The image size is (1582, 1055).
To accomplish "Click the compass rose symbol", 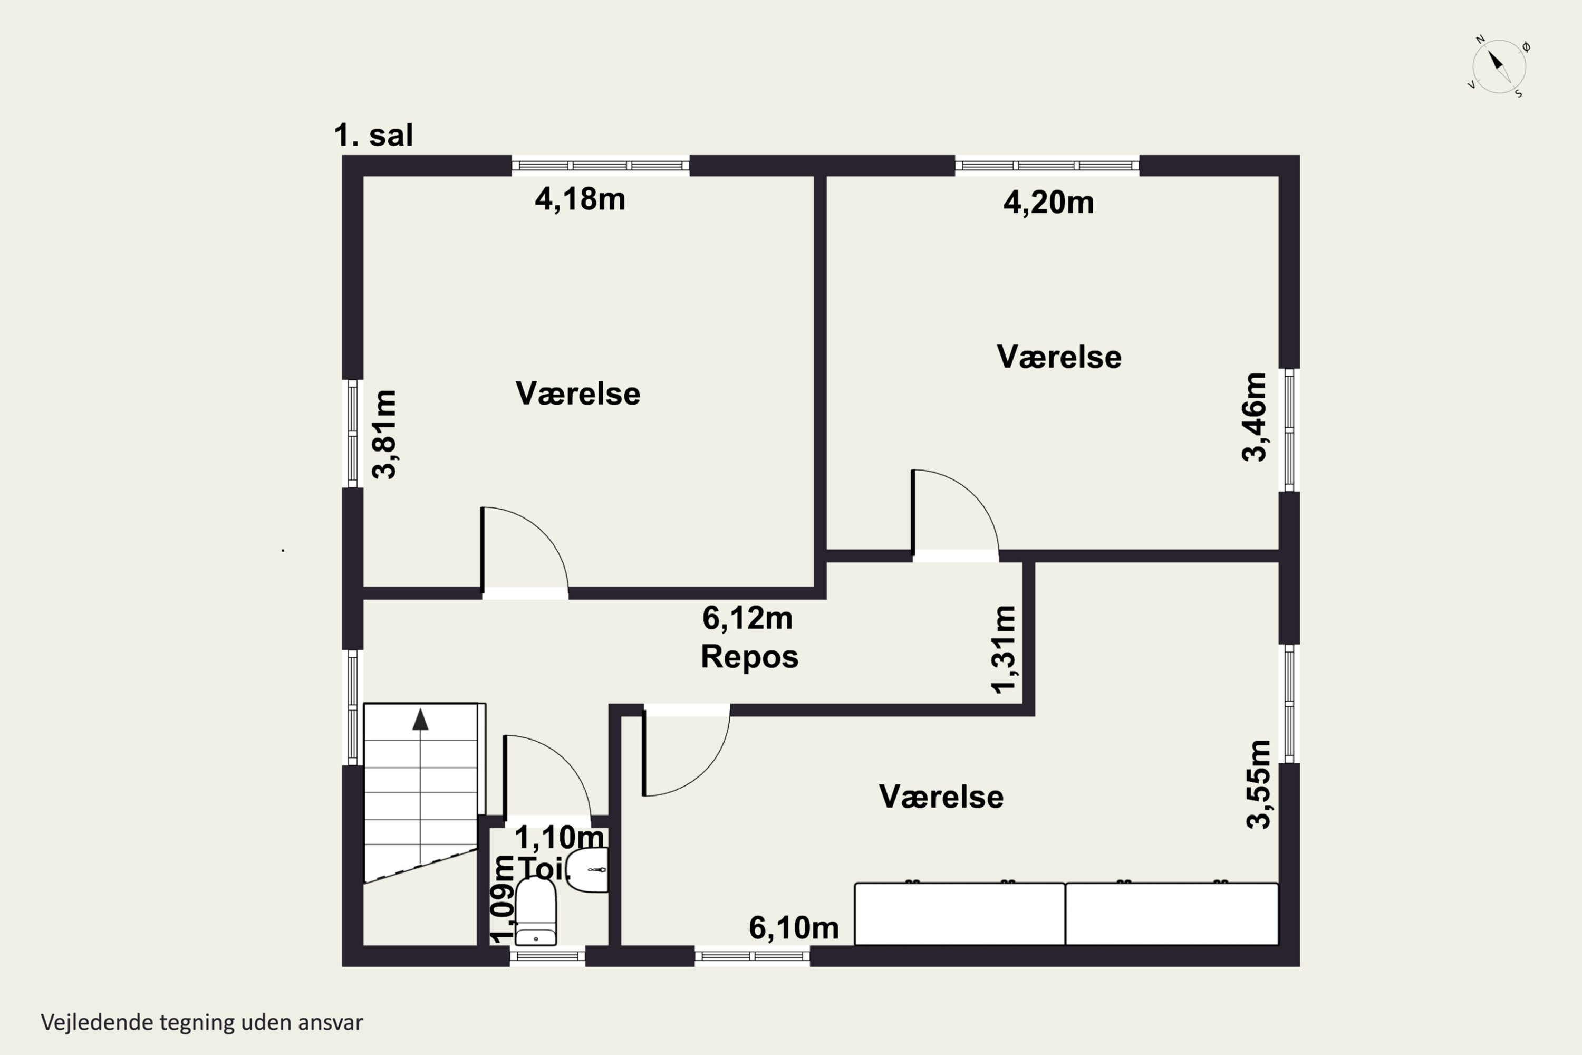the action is (x=1499, y=66).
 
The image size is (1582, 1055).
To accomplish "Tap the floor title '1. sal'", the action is (x=373, y=135).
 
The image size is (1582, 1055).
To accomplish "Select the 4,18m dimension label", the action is (x=580, y=199).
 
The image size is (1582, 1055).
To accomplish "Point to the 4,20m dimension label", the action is (x=1049, y=203).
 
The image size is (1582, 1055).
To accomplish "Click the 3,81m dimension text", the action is (x=385, y=434).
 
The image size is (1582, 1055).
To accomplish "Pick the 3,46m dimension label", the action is (x=1254, y=417).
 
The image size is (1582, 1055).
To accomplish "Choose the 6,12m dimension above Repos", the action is (x=747, y=618).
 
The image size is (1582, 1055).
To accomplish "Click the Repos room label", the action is (x=749, y=657).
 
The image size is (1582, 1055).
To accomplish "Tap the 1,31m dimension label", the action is (x=1004, y=649).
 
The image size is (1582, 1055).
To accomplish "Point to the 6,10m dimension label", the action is (x=794, y=928).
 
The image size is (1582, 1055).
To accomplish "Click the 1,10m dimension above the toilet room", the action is (x=559, y=838).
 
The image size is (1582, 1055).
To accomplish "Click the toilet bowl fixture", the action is (x=535, y=911).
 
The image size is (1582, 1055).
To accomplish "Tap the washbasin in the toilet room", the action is (x=588, y=870).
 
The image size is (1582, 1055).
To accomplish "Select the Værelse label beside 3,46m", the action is (x=1059, y=357).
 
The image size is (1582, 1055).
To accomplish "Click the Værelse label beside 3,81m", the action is (x=578, y=394).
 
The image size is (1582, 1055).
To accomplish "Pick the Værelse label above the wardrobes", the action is (x=941, y=797).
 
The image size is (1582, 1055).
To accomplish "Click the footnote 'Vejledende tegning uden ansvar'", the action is (x=202, y=1023).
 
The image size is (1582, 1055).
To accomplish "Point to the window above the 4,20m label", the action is (x=1047, y=166).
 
